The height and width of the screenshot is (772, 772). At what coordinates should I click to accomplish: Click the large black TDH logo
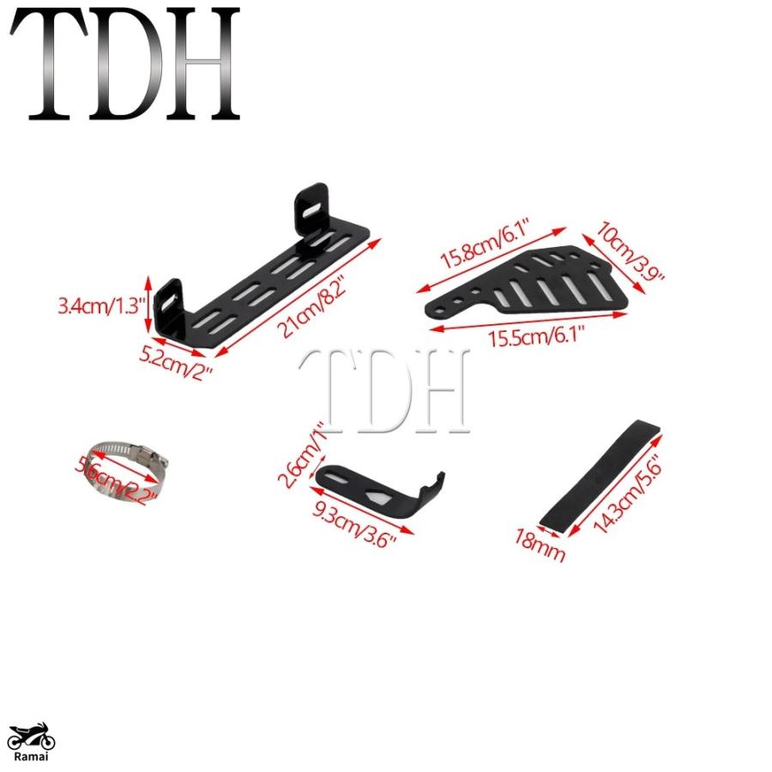pos(125,64)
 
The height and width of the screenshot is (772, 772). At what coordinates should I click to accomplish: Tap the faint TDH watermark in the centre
pos(384,391)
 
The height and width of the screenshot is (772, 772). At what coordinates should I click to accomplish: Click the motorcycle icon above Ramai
pos(31,737)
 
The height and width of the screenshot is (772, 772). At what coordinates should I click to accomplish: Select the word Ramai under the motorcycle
pos(31,757)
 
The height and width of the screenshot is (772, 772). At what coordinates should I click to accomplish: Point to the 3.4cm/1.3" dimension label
pos(101,305)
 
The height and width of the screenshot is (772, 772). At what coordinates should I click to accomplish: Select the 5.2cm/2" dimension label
pos(175,364)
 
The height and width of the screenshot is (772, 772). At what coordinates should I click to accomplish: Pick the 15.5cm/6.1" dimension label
pos(536,338)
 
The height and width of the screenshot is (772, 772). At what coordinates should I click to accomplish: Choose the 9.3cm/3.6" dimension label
pos(354,523)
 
